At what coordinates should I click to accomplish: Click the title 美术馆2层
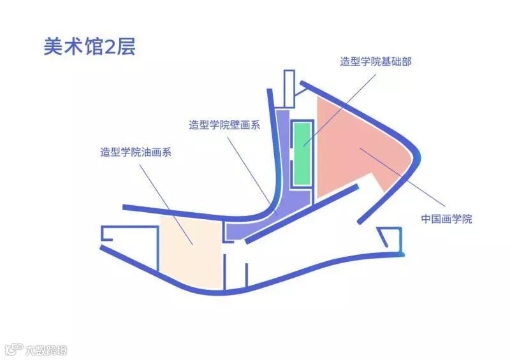coord(89,47)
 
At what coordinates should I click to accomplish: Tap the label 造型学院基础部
coord(375,62)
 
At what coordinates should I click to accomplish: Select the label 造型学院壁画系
coord(224,125)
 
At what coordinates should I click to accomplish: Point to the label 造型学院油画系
coord(135,152)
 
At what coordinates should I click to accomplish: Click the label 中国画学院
coord(446,219)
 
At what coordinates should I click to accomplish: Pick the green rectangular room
coord(302,153)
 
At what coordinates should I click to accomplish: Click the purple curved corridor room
coord(280,191)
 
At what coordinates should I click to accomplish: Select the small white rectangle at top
coord(289,89)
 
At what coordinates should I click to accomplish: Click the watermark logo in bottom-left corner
coord(35,350)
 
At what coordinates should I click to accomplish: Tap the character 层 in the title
coord(127,47)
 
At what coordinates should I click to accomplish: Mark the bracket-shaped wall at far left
coord(108,234)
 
